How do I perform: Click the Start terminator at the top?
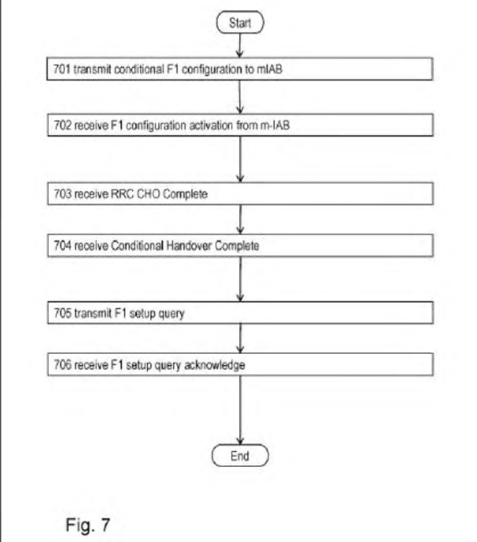click(x=240, y=23)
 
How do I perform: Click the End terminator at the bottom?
click(x=240, y=456)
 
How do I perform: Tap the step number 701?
click(x=62, y=69)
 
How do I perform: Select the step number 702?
click(x=62, y=125)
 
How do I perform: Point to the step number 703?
click(x=62, y=194)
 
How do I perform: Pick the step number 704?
click(x=62, y=246)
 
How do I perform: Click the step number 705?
click(x=62, y=313)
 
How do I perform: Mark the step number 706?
click(x=62, y=365)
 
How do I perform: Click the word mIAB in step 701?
click(x=269, y=69)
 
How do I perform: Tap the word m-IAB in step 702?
click(x=275, y=125)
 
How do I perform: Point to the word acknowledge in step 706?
click(x=214, y=365)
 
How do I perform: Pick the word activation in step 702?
click(x=211, y=125)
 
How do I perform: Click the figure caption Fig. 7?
click(x=88, y=524)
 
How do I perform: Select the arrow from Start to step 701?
click(x=240, y=45)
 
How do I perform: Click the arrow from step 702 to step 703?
click(x=240, y=159)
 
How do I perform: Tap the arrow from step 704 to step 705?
click(x=240, y=279)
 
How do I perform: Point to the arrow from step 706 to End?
click(x=240, y=410)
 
